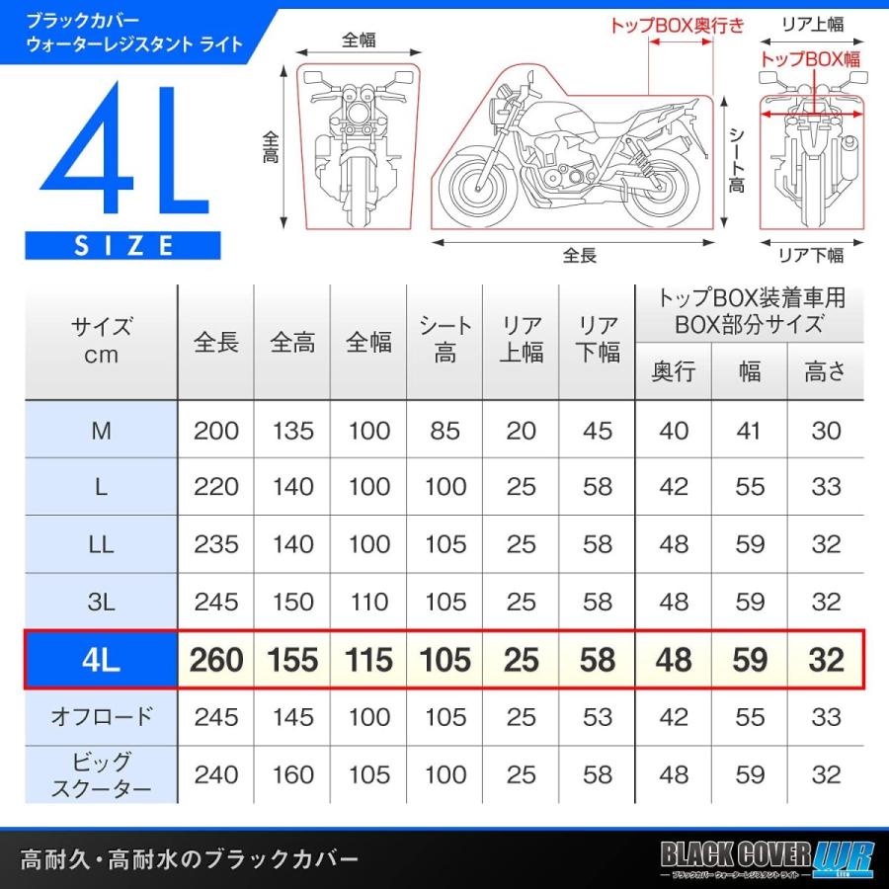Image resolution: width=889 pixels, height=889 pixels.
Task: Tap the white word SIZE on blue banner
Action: pyautogui.click(x=123, y=244)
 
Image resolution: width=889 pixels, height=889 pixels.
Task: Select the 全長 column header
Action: pyautogui.click(x=216, y=342)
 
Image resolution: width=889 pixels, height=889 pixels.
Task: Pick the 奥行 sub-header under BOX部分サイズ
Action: pyautogui.click(x=673, y=370)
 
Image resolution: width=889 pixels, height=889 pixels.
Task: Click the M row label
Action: pyautogui.click(x=101, y=430)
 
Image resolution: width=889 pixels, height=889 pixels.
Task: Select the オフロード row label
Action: pyautogui.click(x=101, y=716)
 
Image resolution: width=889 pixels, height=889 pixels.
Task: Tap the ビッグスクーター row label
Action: pyautogui.click(x=101, y=774)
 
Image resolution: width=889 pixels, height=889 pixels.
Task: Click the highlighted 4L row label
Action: pyautogui.click(x=101, y=659)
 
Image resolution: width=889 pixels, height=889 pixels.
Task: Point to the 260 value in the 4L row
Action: pyautogui.click(x=216, y=659)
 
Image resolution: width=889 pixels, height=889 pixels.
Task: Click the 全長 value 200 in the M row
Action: pyautogui.click(x=216, y=430)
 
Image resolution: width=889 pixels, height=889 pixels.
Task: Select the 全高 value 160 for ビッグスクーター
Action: pyautogui.click(x=292, y=774)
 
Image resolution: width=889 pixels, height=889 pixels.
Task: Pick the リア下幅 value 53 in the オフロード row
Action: pyautogui.click(x=597, y=716)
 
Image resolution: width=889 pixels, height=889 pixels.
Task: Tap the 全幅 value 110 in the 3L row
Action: pyautogui.click(x=368, y=602)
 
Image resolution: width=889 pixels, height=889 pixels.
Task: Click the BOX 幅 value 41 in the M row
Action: pyautogui.click(x=750, y=430)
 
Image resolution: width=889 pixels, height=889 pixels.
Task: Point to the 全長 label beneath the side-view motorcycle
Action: pyautogui.click(x=580, y=256)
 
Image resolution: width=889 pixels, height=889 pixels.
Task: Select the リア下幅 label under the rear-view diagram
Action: pyautogui.click(x=811, y=256)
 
